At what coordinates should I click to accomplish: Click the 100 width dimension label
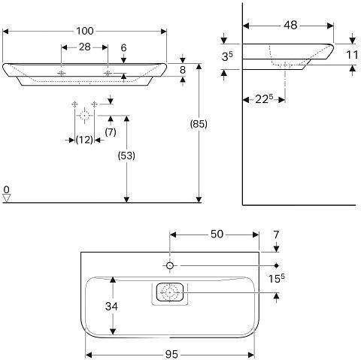(85, 31)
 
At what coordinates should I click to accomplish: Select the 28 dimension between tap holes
(85, 47)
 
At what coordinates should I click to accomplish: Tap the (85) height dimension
(199, 124)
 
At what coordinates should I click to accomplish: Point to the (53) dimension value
(126, 156)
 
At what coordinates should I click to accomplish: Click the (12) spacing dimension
(84, 140)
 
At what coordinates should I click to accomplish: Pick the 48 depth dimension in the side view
(291, 26)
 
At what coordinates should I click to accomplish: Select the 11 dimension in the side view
(352, 55)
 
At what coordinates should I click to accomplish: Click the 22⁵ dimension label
(264, 99)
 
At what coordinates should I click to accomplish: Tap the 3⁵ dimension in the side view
(227, 56)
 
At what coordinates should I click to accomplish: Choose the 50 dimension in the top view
(217, 234)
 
